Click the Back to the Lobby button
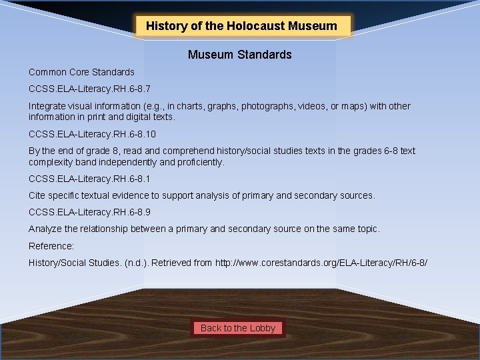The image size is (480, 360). point(238,328)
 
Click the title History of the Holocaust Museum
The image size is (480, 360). point(241,27)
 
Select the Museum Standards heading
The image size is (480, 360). point(239,55)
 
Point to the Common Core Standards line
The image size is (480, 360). point(81,72)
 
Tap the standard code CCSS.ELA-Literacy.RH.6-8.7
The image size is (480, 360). point(85,88)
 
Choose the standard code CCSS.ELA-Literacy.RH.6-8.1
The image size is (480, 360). point(85,179)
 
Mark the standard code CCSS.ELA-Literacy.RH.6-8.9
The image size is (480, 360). point(85,213)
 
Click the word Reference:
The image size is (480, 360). point(51,246)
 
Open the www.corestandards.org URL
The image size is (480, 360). point(321,263)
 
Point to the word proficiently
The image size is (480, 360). point(198,162)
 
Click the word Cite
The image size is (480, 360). point(37,195)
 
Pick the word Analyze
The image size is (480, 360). point(45,229)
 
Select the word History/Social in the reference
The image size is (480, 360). point(61,263)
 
